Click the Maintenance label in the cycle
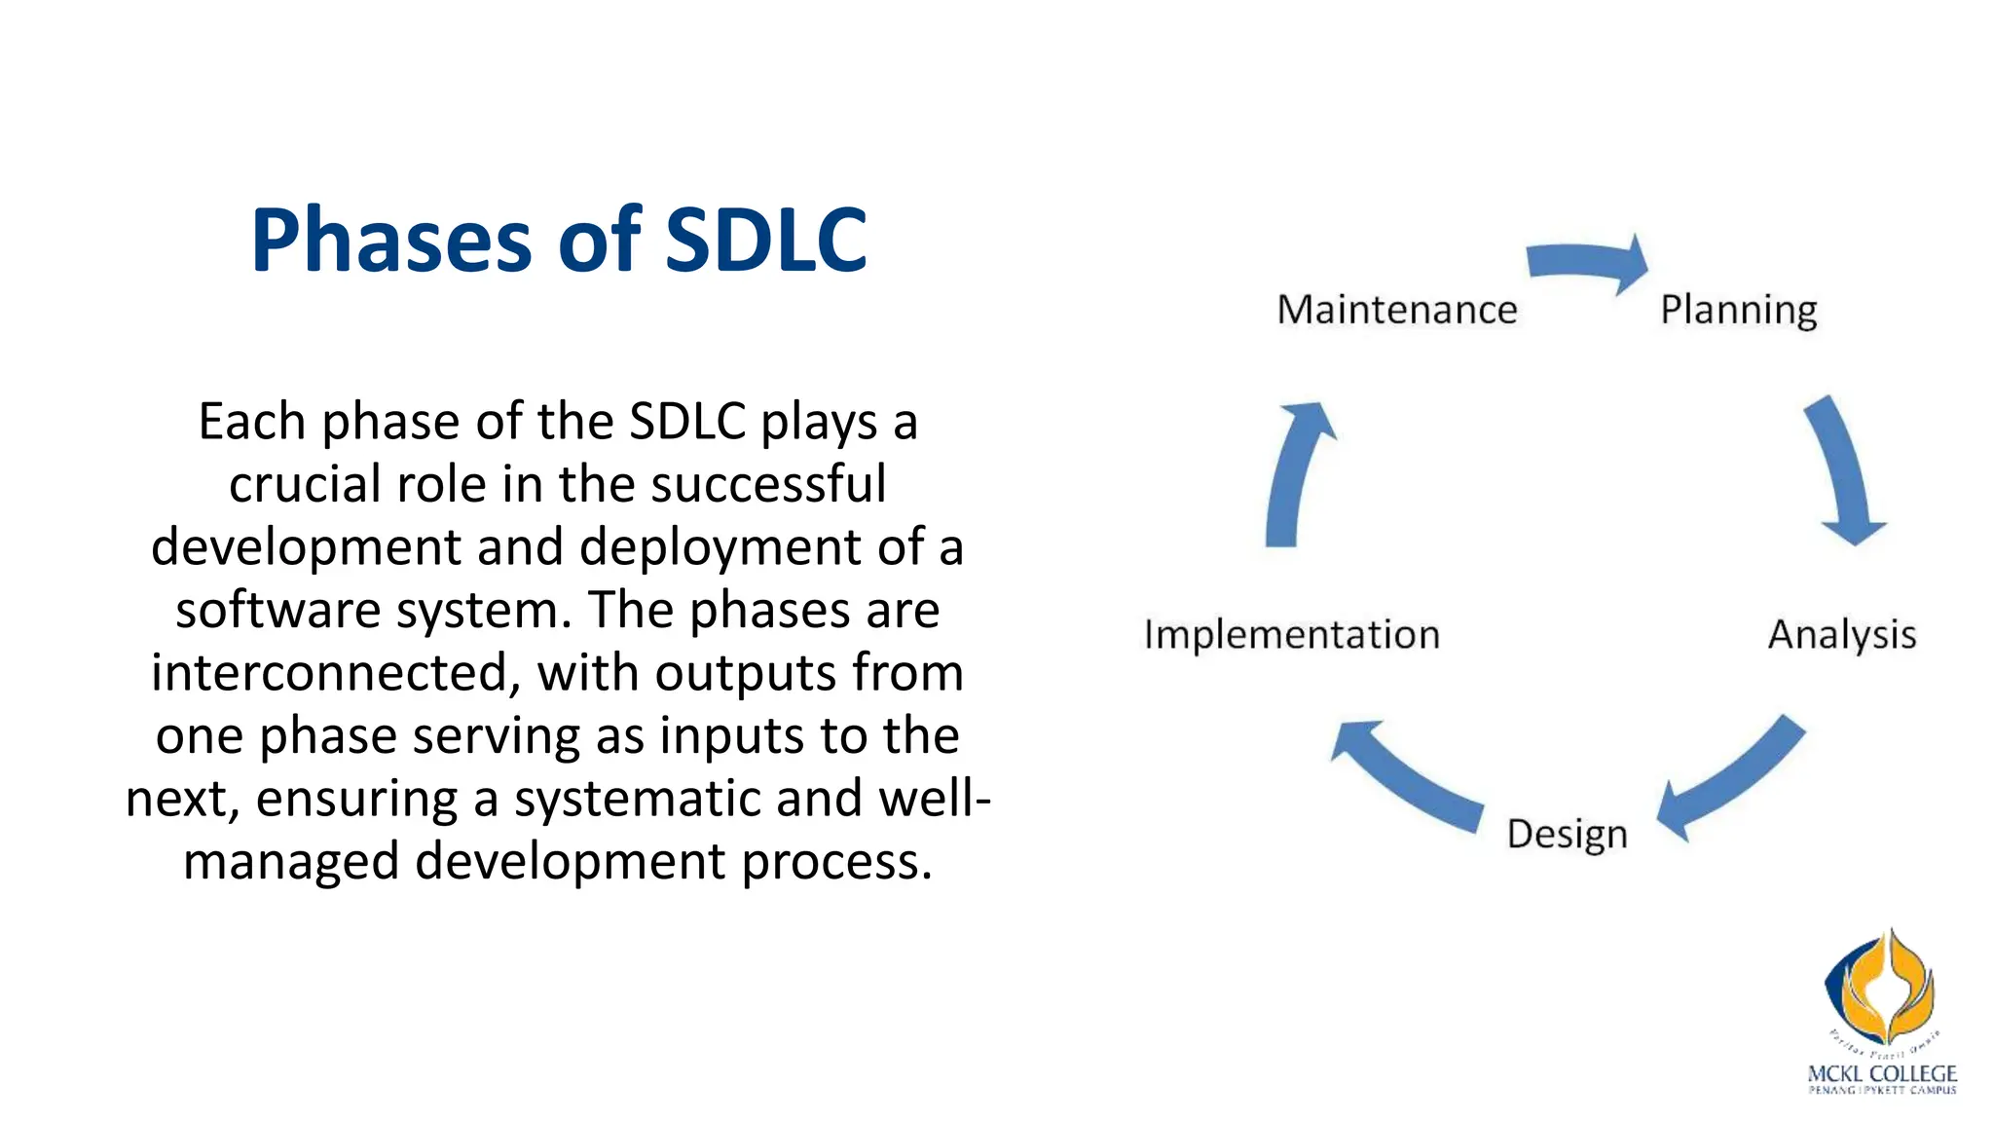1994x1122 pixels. (1396, 310)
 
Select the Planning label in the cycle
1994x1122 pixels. (1738, 310)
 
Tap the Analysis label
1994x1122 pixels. (1841, 634)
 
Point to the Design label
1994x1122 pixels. (1567, 835)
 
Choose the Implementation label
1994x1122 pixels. (1291, 634)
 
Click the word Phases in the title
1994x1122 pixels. (390, 241)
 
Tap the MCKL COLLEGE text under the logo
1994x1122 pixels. (1881, 1073)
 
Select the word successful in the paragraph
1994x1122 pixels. (768, 484)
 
